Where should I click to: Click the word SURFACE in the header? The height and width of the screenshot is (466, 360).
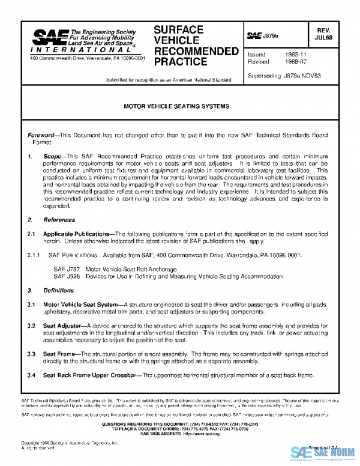tap(179, 30)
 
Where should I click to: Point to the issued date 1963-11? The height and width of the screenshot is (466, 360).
tap(293, 54)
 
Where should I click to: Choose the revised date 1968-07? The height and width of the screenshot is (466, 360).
tap(293, 62)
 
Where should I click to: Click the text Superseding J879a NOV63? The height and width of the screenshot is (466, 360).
tap(284, 76)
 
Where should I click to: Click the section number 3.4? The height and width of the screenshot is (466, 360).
tap(32, 375)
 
